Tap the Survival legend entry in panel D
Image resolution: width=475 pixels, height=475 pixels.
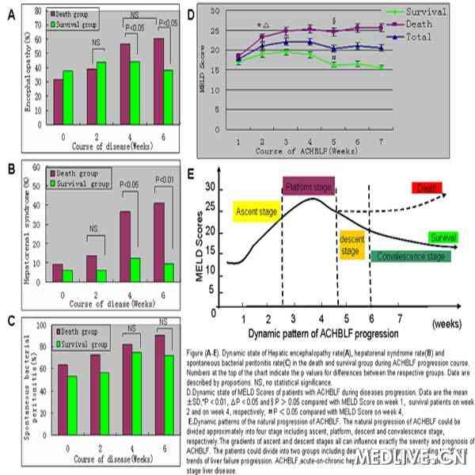431,12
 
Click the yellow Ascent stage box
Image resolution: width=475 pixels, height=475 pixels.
256,211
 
